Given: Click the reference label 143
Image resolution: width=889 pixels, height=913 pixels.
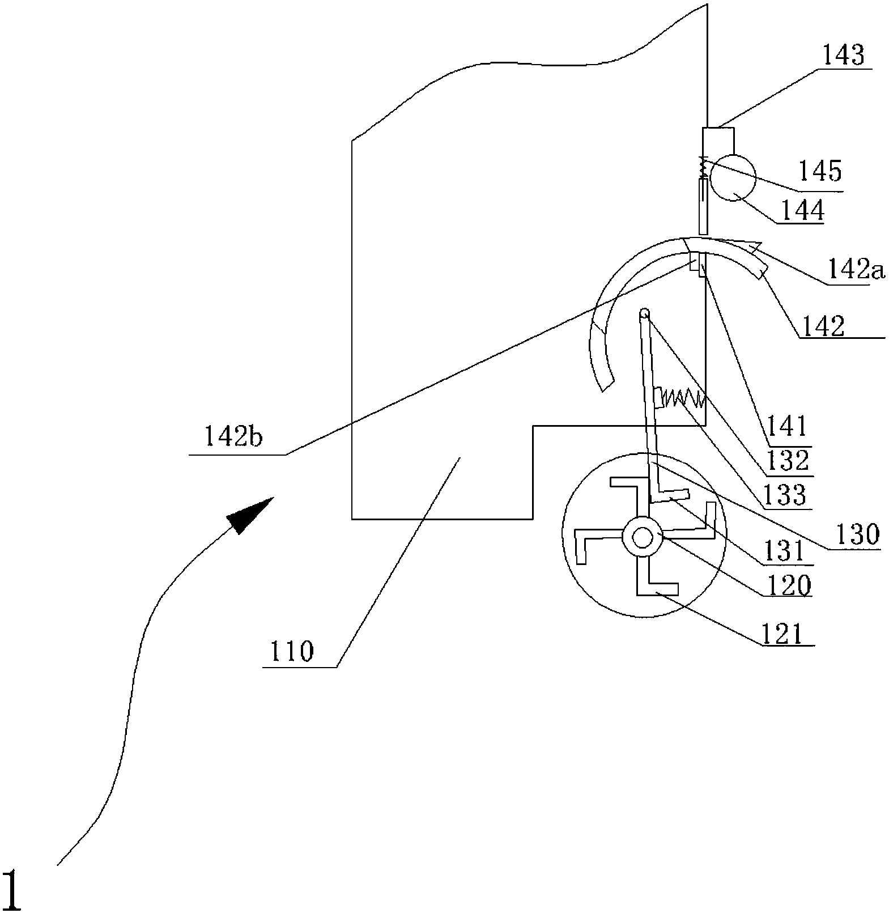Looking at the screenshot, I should coord(843,57).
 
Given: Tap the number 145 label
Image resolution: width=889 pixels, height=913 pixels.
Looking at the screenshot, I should coord(820,170).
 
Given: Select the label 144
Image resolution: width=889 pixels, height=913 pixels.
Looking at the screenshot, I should coord(802,211).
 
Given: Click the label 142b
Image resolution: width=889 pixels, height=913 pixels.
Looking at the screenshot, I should coord(233,438).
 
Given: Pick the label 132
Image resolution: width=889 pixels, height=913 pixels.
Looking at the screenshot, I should coord(788,461).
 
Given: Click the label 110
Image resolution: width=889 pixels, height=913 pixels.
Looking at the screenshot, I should coord(292,652).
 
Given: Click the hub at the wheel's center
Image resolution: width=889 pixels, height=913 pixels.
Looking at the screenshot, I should coord(642,537).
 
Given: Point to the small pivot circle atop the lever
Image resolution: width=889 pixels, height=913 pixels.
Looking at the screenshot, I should coord(644,313).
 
